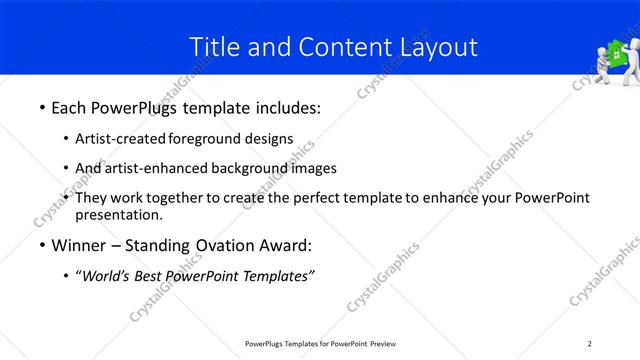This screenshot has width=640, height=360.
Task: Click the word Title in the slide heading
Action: click(214, 46)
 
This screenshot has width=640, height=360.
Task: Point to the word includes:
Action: click(284, 105)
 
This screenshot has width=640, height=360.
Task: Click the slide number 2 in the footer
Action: click(590, 343)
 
